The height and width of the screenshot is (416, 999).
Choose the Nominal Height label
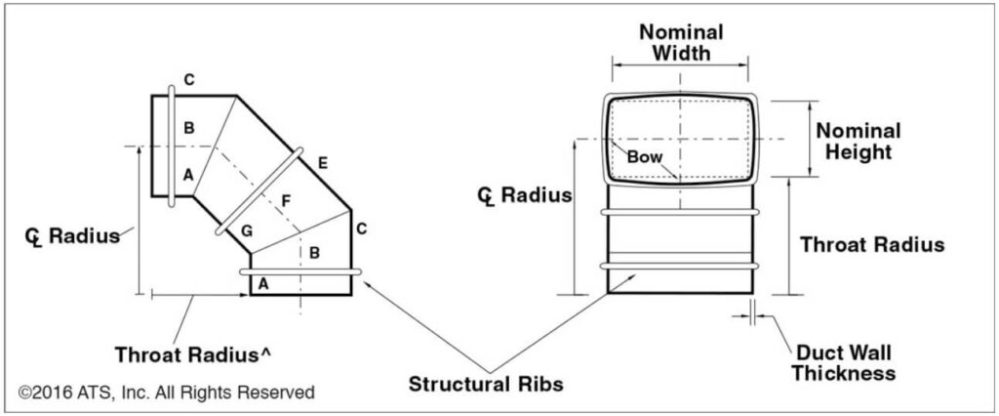click(858, 141)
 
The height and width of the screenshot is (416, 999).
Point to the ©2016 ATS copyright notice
click(167, 393)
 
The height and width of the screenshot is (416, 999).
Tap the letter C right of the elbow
click(362, 229)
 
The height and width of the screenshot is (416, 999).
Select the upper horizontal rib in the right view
click(681, 211)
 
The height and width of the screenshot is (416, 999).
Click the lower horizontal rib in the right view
click(681, 266)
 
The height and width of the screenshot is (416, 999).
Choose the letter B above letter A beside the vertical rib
click(189, 128)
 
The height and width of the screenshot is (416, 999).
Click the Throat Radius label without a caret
click(871, 245)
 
